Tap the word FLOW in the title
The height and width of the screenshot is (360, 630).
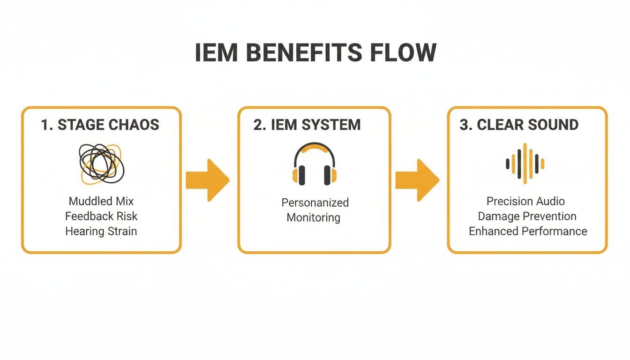coord(403,53)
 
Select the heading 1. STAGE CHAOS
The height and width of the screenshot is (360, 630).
coord(100,125)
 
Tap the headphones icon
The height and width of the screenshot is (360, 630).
coord(314,164)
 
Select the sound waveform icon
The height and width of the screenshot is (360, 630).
coord(525,164)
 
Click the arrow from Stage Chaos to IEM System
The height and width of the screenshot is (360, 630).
coord(208,180)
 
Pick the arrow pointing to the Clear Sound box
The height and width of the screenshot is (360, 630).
coord(417,180)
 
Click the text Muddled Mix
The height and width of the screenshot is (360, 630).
coord(101,202)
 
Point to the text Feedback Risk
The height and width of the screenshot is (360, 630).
coord(101,216)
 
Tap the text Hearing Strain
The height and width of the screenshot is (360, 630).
coord(101,231)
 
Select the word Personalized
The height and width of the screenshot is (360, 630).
coord(315,202)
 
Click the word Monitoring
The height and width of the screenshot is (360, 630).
coord(313,217)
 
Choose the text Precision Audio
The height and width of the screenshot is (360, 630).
coord(525,202)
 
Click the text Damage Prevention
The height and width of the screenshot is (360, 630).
coord(527,216)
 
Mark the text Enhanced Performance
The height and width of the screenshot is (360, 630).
coord(528,231)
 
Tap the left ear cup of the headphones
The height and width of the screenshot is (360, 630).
coord(299,175)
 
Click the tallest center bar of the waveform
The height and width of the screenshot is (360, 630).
coord(525,164)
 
